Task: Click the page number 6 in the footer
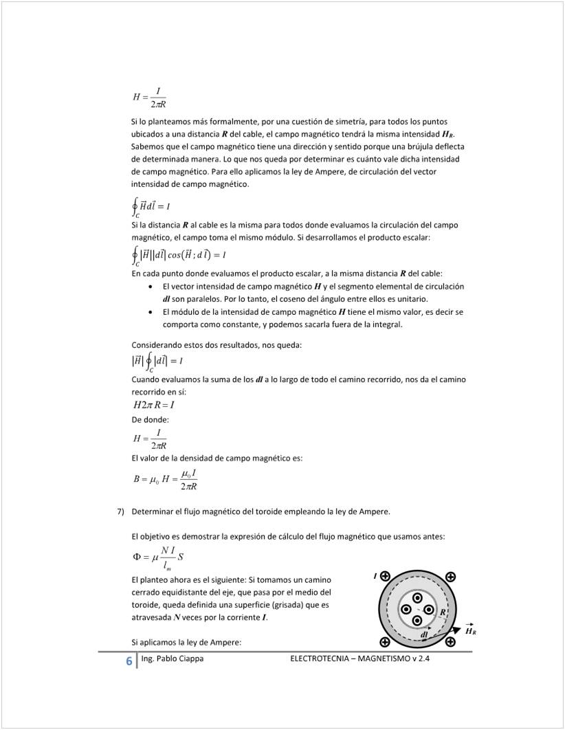129,661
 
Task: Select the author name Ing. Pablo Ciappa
171,659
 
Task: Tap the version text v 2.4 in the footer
428,659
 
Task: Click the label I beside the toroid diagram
375,575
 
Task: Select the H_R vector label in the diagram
471,631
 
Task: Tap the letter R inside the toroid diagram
443,612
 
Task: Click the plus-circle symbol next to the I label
385,576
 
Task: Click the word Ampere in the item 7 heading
371,511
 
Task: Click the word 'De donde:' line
150,419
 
